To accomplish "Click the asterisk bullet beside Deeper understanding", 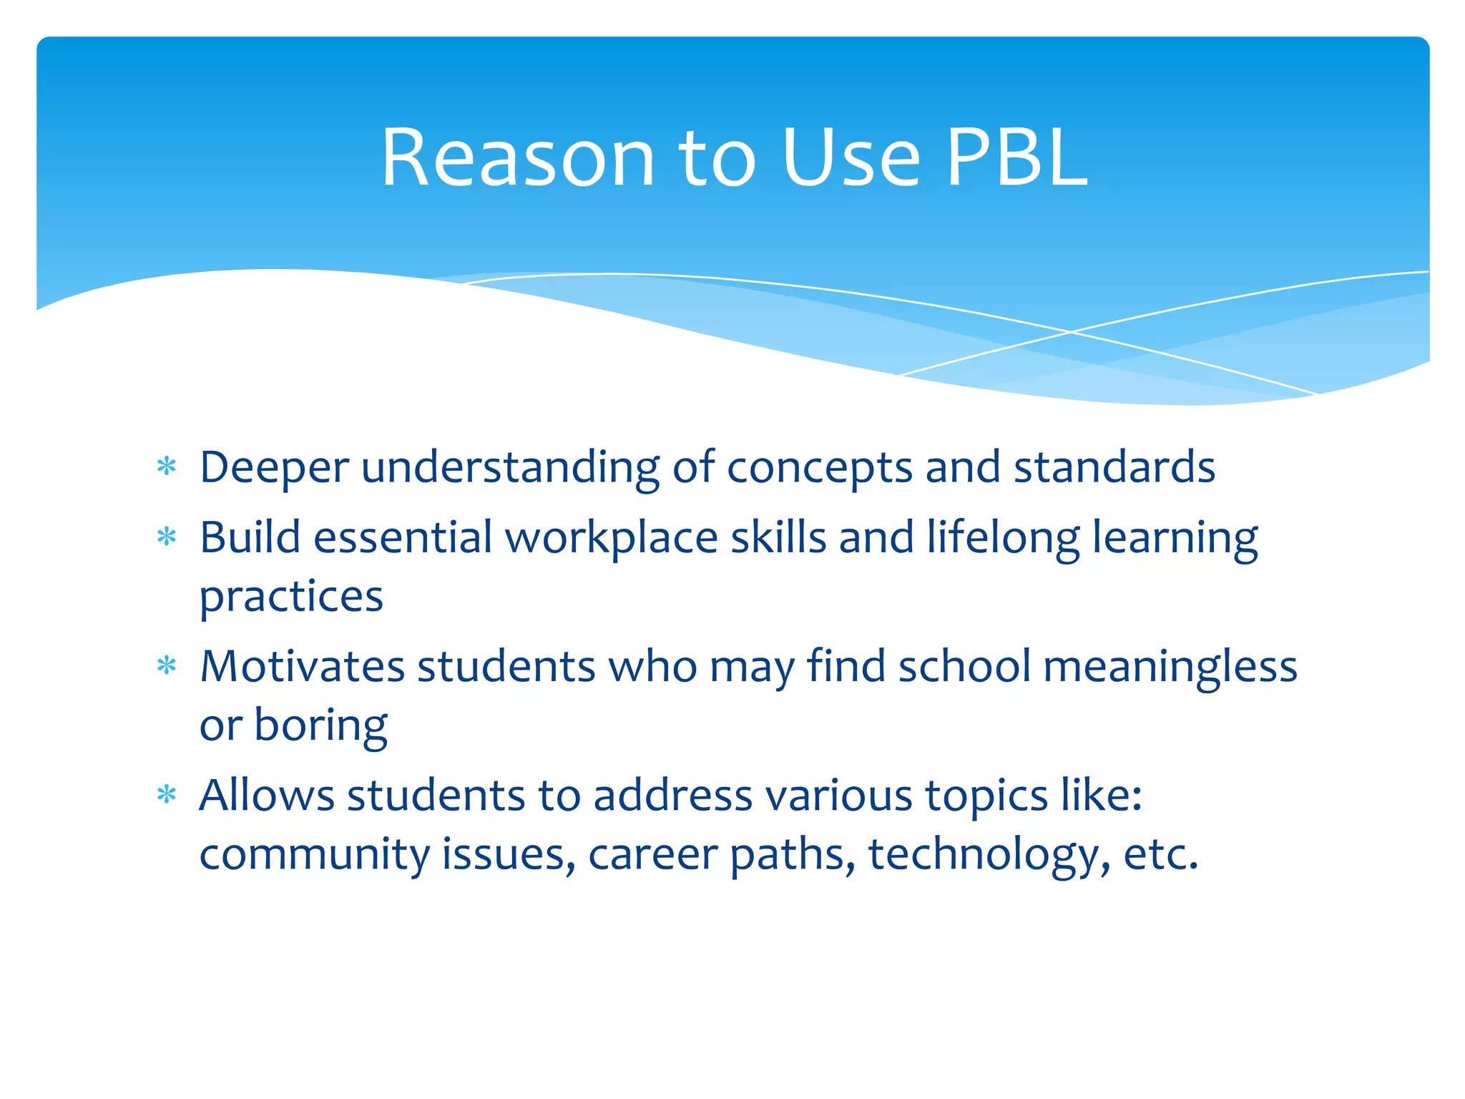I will (x=167, y=467).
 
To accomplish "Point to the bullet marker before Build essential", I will (x=167, y=537).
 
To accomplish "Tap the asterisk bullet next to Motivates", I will (x=167, y=666).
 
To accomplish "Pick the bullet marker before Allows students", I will (x=167, y=795).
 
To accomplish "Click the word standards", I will (x=1114, y=467).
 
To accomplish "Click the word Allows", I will (x=266, y=795).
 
